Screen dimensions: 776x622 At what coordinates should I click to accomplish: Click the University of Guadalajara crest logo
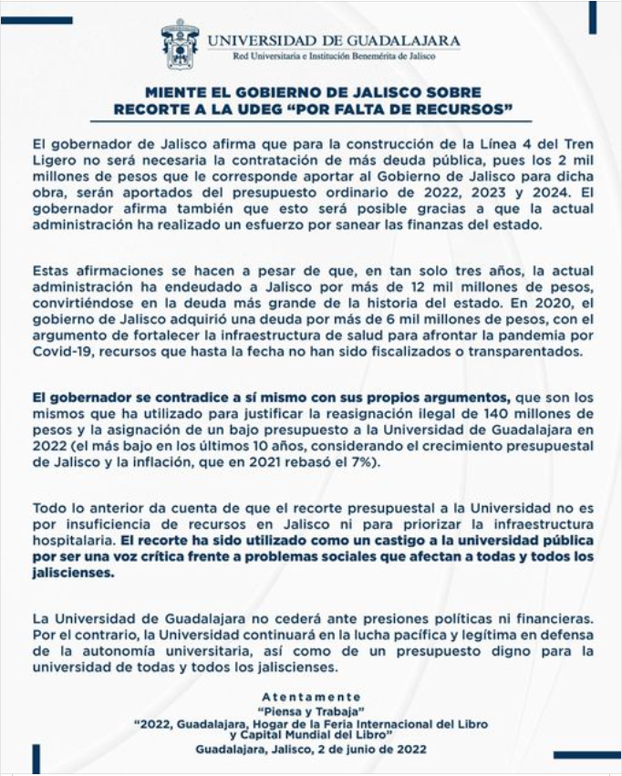click(x=179, y=44)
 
